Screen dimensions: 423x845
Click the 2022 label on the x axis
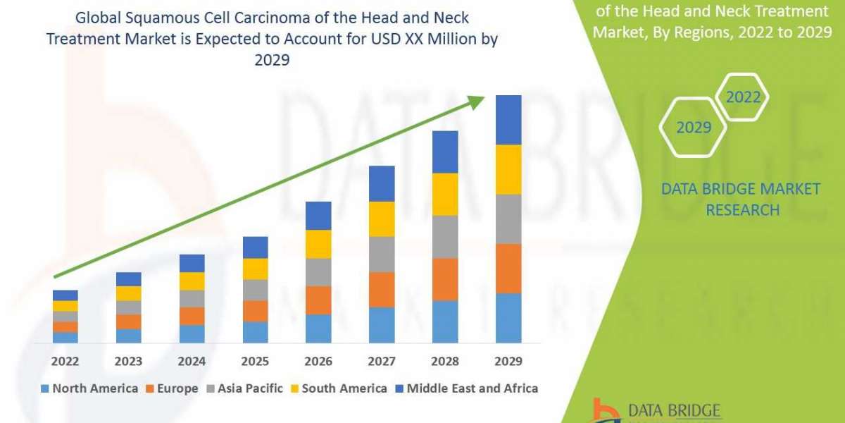[65, 362]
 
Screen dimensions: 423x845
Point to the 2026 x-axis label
[318, 362]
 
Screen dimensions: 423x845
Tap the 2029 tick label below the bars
[508, 362]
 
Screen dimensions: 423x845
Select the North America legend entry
[89, 388]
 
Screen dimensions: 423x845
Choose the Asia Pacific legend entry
[244, 388]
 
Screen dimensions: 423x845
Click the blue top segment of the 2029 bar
[508, 120]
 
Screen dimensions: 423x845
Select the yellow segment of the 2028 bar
[445, 194]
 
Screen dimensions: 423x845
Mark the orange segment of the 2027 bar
[382, 289]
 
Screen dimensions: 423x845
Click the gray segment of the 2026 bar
[318, 272]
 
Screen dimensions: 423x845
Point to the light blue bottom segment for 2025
[255, 332]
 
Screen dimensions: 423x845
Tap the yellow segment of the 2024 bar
[192, 281]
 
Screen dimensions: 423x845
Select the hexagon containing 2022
[744, 97]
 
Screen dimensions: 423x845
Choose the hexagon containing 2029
[693, 128]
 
